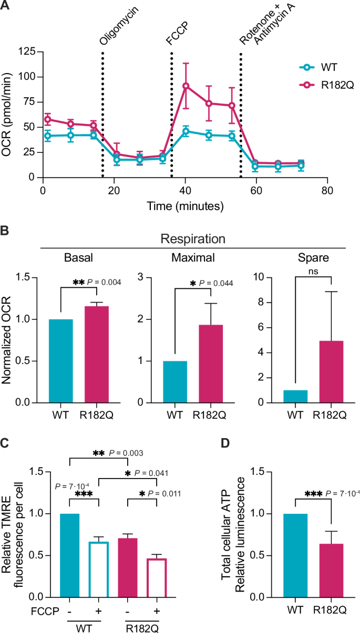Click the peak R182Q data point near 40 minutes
click(x=186, y=86)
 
